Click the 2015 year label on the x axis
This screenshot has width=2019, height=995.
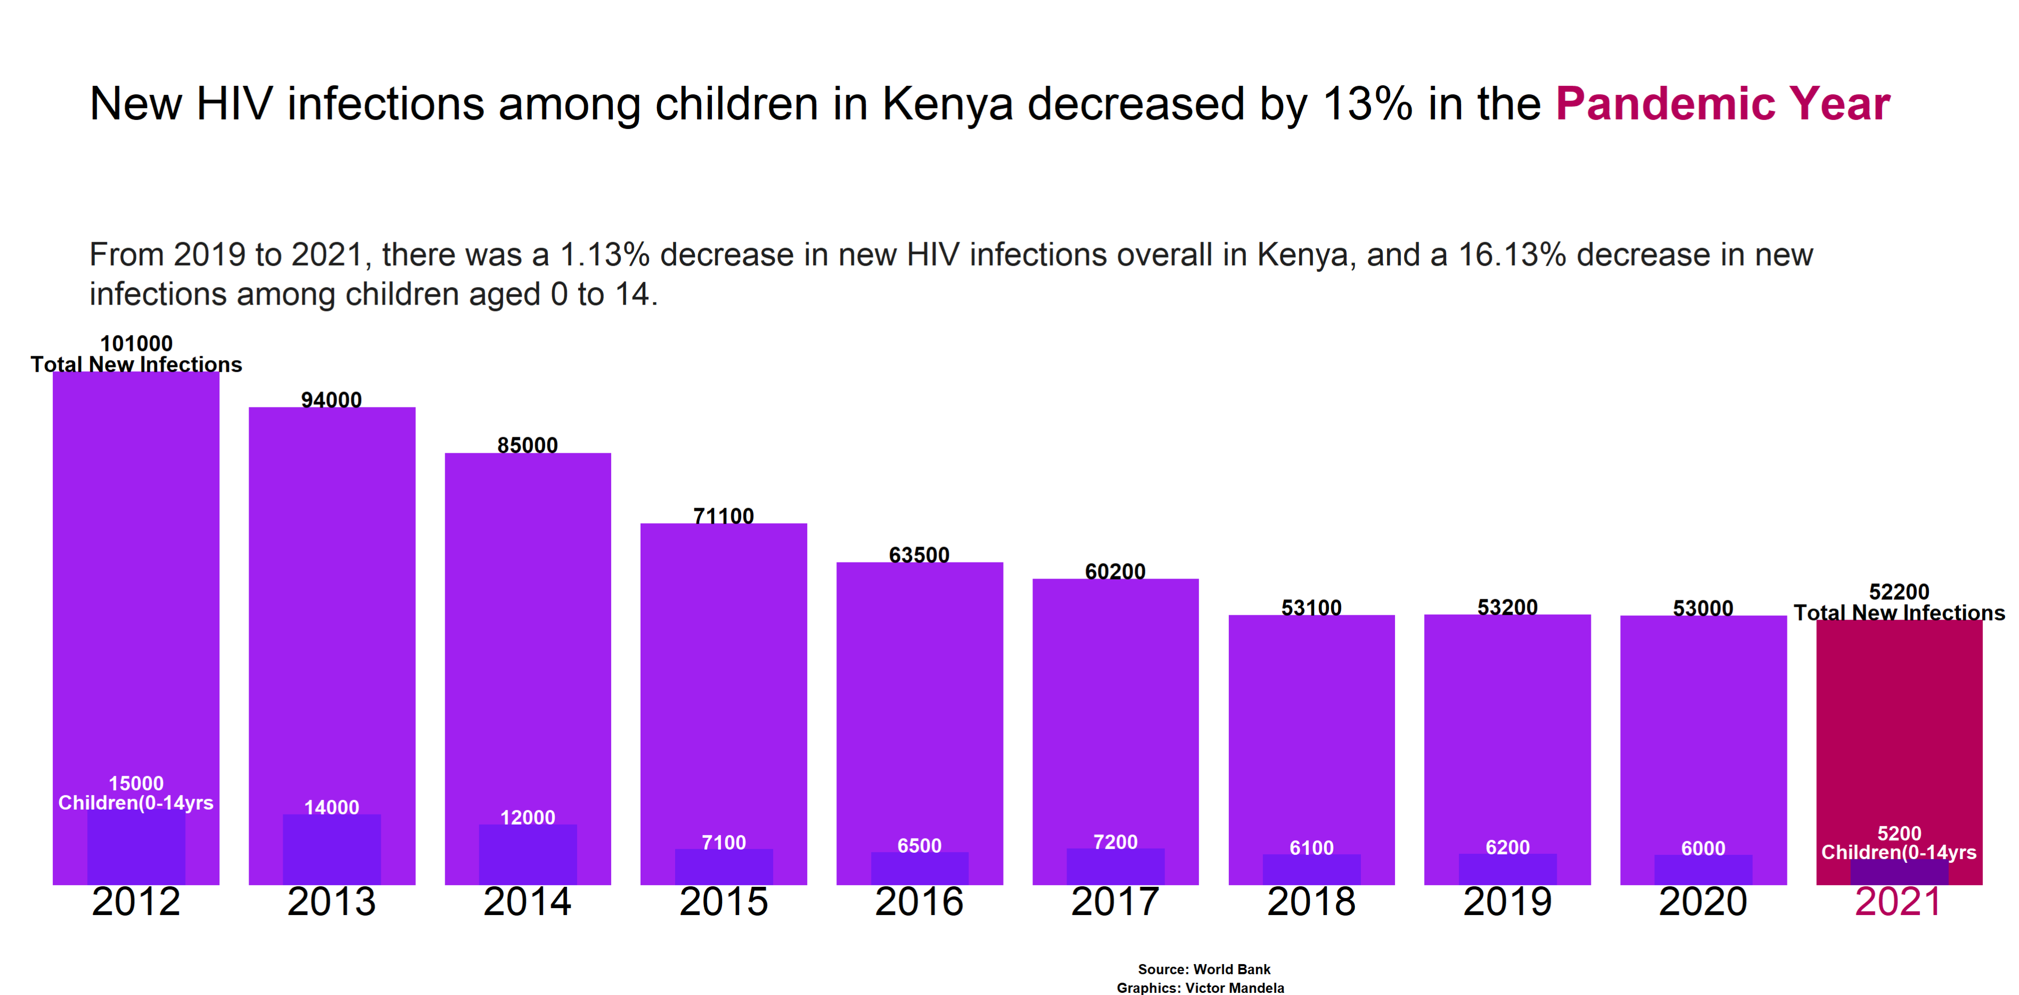724,902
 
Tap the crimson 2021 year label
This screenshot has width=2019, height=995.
1898,902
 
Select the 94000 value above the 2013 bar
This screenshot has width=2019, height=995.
332,400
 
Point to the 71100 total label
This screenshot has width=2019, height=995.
724,516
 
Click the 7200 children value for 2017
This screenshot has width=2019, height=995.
1115,842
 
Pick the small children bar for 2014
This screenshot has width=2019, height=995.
528,856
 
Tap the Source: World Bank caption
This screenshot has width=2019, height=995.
1204,969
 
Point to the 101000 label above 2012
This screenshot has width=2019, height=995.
136,344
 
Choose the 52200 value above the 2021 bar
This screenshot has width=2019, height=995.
1898,591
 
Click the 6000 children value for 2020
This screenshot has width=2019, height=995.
1703,849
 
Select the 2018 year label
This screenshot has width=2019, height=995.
1311,902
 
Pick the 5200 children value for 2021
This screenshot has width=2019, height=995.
1898,834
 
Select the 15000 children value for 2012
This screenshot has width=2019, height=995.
136,784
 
